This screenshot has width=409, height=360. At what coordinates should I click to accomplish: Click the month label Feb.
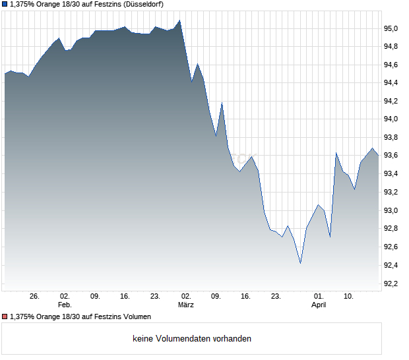(64, 305)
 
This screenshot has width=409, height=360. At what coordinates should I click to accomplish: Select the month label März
(186, 305)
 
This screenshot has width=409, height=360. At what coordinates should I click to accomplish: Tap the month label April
(319, 305)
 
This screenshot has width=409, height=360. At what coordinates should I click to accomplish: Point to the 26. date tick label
(34, 296)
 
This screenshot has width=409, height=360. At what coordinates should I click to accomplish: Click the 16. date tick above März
(245, 296)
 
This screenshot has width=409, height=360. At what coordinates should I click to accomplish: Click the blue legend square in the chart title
(5, 5)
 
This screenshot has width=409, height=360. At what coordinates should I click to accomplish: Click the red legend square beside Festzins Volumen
(5, 316)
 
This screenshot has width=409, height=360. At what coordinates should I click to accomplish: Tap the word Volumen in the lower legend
(137, 316)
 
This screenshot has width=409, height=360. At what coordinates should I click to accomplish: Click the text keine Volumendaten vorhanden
(192, 339)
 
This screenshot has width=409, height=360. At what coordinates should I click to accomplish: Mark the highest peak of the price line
(180, 20)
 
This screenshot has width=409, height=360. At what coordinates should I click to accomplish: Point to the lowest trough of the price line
(300, 264)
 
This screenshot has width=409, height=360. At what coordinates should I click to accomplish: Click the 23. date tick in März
(276, 296)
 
